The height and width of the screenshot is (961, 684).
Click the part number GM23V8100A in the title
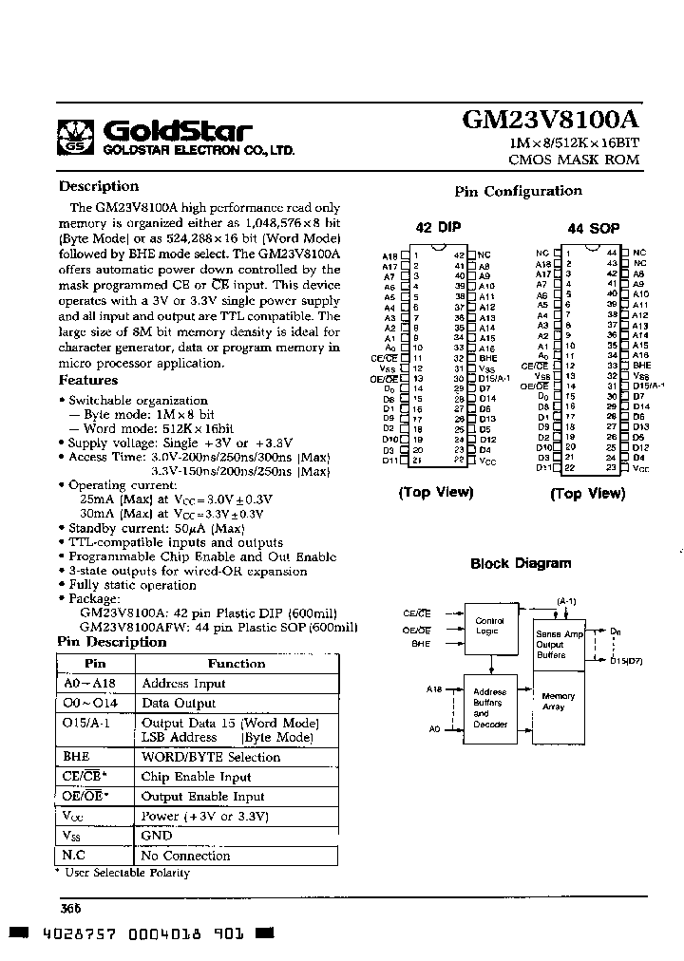pos(550,120)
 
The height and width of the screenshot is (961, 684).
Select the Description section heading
pos(99,186)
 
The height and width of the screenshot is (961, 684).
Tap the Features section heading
pos(88,380)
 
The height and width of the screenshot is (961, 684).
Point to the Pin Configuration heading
pos(518,191)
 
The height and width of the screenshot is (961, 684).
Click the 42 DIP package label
pos(437,227)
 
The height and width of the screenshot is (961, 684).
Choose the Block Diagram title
pos(521,563)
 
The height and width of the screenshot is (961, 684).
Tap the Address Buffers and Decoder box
pos(489,709)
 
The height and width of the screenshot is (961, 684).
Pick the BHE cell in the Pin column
pos(76,757)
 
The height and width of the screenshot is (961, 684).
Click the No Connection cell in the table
pos(185,856)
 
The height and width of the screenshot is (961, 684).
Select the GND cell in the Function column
pos(157,836)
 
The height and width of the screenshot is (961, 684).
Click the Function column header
pos(237,664)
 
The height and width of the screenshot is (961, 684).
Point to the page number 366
pos(71,908)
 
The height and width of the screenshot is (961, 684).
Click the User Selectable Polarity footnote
pos(126,873)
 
